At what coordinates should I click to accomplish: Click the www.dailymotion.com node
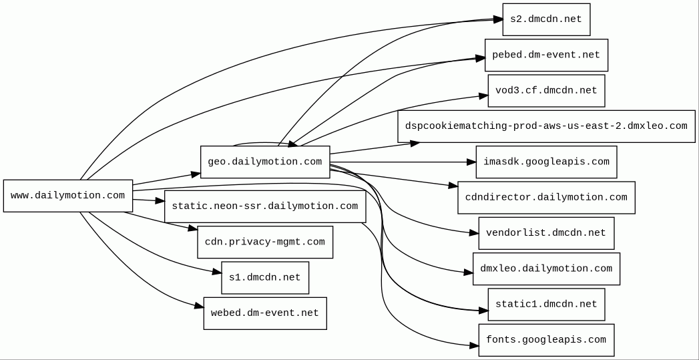[67, 196]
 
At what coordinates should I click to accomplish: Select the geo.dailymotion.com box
[265, 162]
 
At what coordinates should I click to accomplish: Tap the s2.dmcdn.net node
[546, 19]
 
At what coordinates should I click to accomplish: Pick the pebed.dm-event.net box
[546, 55]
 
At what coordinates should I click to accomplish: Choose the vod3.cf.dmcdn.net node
[546, 91]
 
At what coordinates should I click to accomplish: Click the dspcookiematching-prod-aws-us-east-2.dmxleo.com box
[546, 126]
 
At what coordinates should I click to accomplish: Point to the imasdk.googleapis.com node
[546, 162]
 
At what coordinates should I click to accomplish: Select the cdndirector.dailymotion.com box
[546, 198]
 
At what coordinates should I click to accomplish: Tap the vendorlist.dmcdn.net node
[546, 233]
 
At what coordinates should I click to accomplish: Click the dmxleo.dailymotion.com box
[546, 269]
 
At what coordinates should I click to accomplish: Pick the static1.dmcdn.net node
[546, 305]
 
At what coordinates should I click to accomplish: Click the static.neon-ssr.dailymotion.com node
[265, 206]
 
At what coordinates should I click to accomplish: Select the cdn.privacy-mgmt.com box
[265, 242]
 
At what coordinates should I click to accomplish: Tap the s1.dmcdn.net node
[265, 278]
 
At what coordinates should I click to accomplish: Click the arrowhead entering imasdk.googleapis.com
[471, 162]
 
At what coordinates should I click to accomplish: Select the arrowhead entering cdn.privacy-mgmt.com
[192, 228]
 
